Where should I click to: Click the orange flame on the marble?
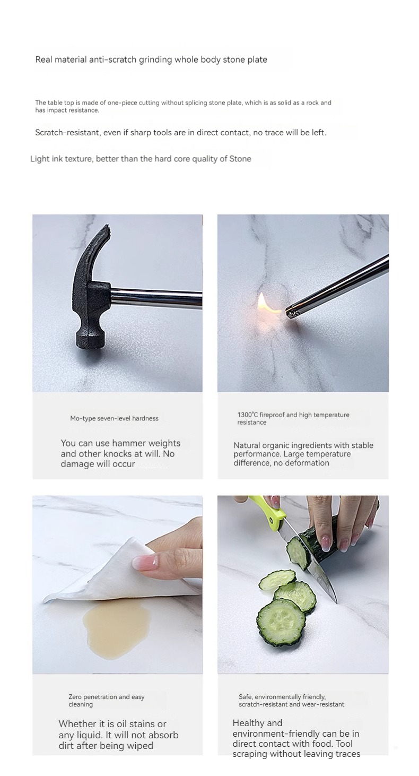pyautogui.click(x=265, y=304)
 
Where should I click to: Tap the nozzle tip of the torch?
pyautogui.click(x=290, y=313)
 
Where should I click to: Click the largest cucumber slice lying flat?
pyautogui.click(x=280, y=623)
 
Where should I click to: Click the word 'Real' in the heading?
pyautogui.click(x=43, y=59)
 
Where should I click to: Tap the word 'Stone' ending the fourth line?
pyautogui.click(x=240, y=159)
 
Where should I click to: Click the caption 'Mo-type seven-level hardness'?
pyautogui.click(x=114, y=418)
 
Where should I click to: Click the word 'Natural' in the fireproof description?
pyautogui.click(x=247, y=445)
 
